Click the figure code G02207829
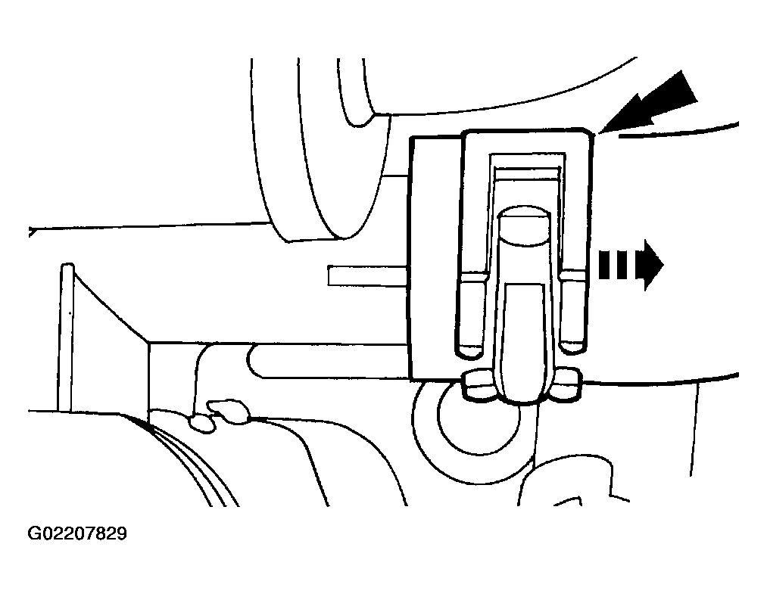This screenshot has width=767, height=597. [77, 533]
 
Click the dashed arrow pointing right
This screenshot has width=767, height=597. [631, 266]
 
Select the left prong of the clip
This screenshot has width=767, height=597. [472, 313]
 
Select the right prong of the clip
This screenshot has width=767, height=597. [572, 313]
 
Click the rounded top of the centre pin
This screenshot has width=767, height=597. [525, 224]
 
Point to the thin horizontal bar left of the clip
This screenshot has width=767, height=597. [368, 275]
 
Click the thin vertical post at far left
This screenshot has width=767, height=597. [67, 337]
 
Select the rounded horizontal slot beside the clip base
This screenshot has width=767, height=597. [328, 361]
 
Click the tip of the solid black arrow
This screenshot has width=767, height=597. [599, 132]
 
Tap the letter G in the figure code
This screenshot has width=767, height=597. [34, 533]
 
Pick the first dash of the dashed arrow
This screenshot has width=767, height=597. [605, 266]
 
